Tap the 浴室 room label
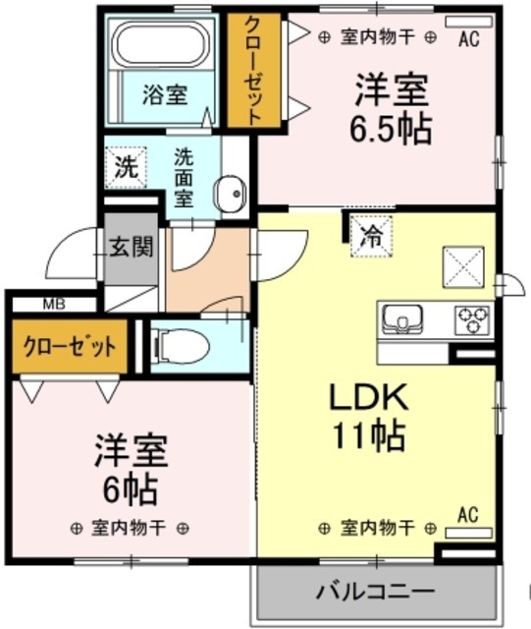[x=164, y=95]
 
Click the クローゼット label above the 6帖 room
[x=69, y=346]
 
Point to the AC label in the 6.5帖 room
[x=468, y=38]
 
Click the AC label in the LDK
[x=467, y=514]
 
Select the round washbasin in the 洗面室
[x=231, y=193]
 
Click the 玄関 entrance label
[x=132, y=245]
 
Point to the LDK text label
[x=367, y=398]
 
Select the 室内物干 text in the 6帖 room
[x=127, y=527]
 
